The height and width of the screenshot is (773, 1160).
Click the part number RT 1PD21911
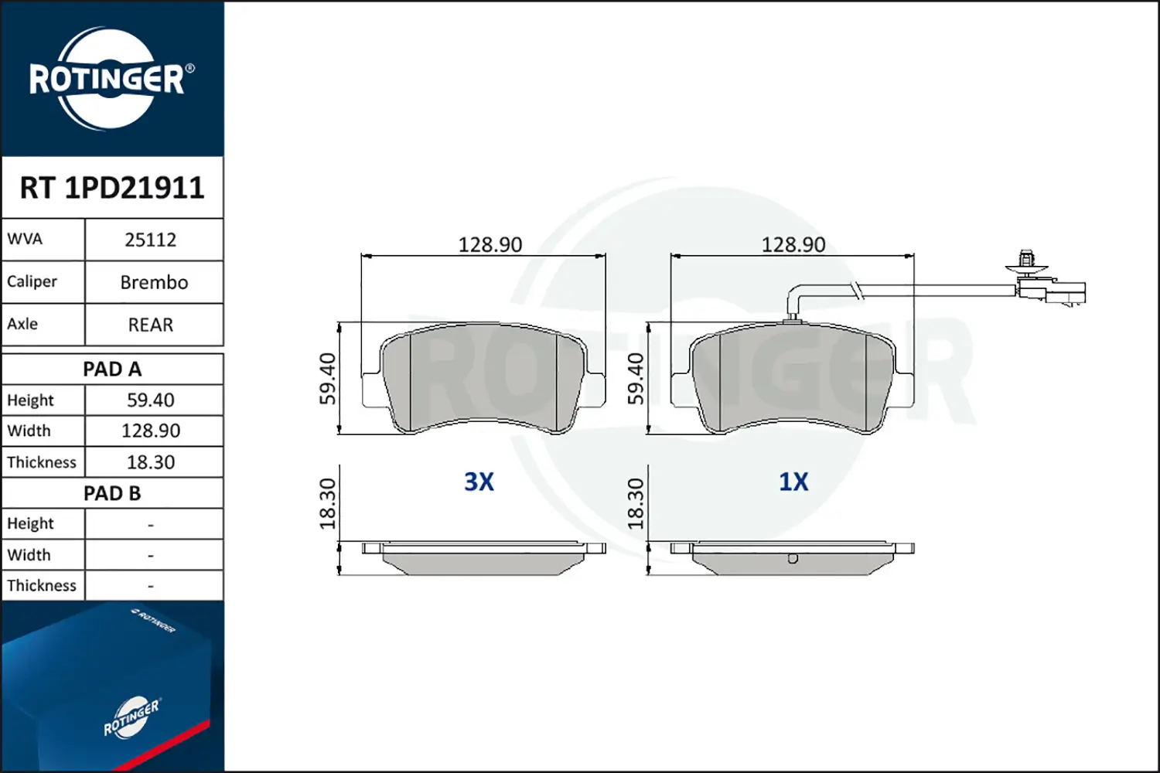(112, 187)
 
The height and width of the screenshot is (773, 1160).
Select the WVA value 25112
(151, 240)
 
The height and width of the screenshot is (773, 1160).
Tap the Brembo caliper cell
(154, 282)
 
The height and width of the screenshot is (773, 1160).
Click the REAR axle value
(151, 325)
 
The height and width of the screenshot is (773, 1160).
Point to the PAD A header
(112, 369)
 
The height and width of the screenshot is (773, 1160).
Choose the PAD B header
(112, 493)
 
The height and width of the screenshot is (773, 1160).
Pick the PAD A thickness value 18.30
(151, 461)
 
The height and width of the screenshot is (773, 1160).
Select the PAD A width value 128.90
(151, 431)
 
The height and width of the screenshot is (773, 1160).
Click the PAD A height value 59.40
(151, 400)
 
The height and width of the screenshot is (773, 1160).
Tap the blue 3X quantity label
(479, 482)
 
